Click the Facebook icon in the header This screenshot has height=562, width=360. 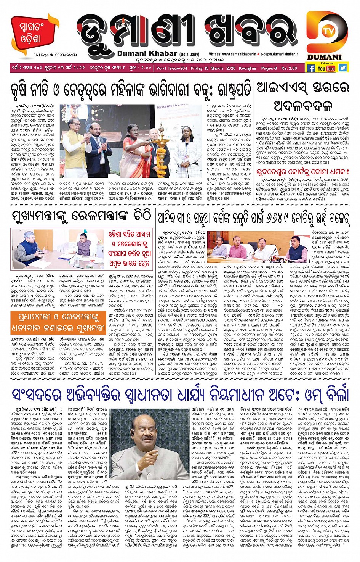click(x=311, y=68)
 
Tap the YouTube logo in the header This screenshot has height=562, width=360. click(x=326, y=68)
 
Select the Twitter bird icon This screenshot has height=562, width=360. click(x=343, y=68)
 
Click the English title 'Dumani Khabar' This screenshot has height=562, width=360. click(x=147, y=54)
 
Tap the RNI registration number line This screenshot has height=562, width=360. click(x=55, y=55)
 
